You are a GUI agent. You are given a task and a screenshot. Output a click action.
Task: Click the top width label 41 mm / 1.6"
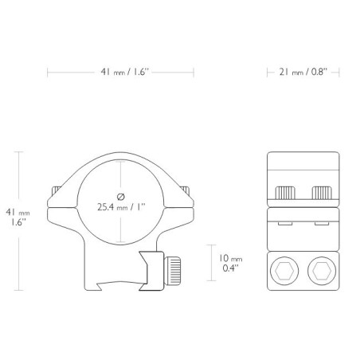click(125, 72)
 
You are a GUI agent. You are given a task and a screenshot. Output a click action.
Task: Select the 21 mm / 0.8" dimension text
click(303, 72)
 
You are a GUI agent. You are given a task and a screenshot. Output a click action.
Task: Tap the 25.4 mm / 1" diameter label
click(121, 207)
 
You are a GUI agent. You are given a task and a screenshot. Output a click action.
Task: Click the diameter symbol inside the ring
click(121, 197)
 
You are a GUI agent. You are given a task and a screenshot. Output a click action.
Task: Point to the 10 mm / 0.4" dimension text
click(230, 263)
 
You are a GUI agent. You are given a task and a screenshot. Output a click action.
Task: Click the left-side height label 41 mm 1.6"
click(18, 217)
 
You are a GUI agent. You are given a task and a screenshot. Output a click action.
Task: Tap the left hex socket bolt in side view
click(284, 271)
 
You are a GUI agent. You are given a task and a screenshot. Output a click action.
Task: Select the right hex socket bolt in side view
click(322, 271)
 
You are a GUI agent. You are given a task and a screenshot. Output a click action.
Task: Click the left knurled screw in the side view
click(285, 193)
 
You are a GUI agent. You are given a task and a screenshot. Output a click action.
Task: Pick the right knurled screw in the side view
click(322, 193)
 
